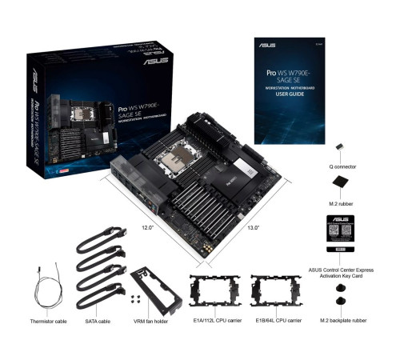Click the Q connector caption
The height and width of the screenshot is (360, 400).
point(342,168)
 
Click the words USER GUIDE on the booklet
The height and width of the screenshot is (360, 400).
point(287,94)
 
